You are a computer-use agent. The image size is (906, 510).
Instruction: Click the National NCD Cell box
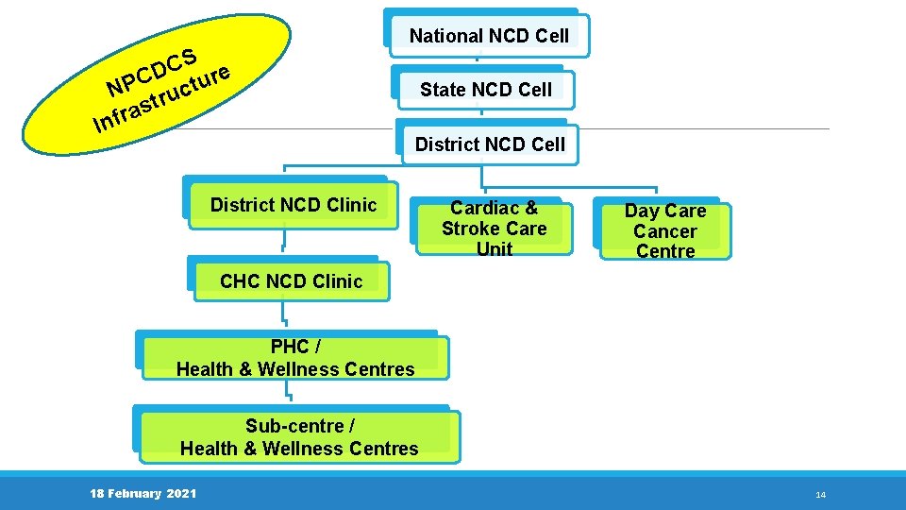pyautogui.click(x=488, y=36)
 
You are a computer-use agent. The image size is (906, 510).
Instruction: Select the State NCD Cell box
pyautogui.click(x=485, y=90)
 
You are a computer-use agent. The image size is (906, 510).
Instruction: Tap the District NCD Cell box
pyautogui.click(x=490, y=144)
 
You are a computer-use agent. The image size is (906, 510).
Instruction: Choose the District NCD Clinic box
pyautogui.click(x=293, y=205)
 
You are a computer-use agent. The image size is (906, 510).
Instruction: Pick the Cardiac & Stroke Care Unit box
pyautogui.click(x=494, y=228)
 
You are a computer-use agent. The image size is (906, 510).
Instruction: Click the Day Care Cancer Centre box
pyautogui.click(x=664, y=230)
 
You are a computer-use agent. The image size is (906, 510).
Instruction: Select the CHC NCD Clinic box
pyautogui.click(x=291, y=280)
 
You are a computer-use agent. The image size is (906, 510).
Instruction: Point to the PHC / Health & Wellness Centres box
pyautogui.click(x=295, y=358)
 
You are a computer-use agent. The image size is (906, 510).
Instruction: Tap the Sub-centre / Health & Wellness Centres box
pyautogui.click(x=298, y=436)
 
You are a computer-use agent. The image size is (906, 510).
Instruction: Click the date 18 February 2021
pyautogui.click(x=143, y=494)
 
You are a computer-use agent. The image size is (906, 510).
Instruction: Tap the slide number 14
pyautogui.click(x=820, y=495)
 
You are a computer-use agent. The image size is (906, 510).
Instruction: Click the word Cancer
pyautogui.click(x=664, y=231)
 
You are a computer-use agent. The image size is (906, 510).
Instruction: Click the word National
pyautogui.click(x=446, y=36)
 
